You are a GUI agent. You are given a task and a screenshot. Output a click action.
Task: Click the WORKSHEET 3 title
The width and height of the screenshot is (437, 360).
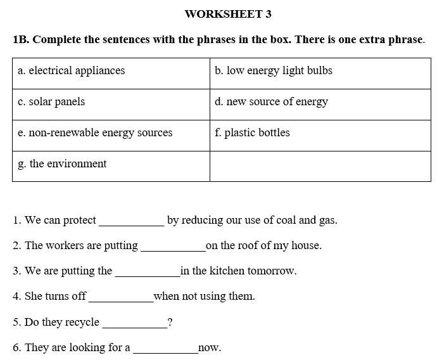[228, 14]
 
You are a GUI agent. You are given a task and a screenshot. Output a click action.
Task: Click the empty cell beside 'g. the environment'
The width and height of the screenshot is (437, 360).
[320, 166]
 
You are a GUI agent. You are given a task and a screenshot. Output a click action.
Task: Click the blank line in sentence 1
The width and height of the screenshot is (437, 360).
[132, 222]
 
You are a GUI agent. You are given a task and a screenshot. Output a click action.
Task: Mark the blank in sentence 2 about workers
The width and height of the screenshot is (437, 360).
[173, 248]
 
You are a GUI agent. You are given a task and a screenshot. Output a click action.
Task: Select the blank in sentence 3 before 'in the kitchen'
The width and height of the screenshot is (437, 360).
[148, 273]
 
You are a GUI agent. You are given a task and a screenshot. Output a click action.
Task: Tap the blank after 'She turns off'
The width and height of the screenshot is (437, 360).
[121, 299]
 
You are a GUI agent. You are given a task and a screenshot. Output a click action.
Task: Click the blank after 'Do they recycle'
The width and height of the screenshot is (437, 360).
[134, 325]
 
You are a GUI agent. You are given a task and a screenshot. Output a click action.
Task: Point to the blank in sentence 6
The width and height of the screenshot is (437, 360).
[165, 350]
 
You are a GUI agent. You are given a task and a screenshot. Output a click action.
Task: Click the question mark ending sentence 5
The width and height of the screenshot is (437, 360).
[170, 323]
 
